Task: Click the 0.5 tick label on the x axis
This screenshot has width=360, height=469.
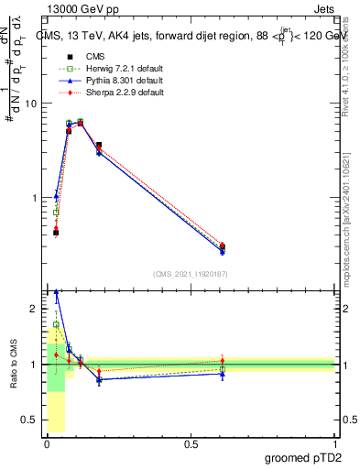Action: (191, 444)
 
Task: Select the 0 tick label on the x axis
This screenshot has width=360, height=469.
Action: (47, 444)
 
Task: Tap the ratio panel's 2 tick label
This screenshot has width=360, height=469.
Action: (34, 310)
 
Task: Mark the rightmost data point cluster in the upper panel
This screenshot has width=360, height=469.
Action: (223, 247)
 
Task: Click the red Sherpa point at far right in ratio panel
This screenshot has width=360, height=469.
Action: (223, 360)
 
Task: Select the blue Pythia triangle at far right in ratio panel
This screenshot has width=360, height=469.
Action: (223, 374)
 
